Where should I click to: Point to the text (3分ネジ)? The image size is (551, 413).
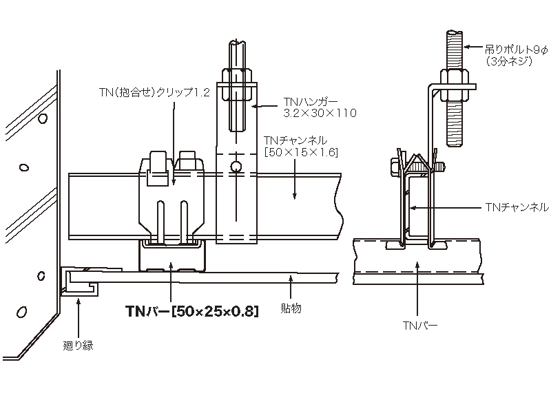pyautogui.click(x=508, y=61)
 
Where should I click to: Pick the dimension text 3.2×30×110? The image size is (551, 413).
pyautogui.click(x=320, y=112)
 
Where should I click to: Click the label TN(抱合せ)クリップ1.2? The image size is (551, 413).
pyautogui.click(x=153, y=92)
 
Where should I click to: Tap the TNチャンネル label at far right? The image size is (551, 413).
pyautogui.click(x=517, y=206)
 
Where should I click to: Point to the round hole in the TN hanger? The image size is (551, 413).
pyautogui.click(x=236, y=166)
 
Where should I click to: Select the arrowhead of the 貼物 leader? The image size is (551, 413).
pyautogui.click(x=293, y=277)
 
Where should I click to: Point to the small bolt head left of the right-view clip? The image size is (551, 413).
pyautogui.click(x=395, y=165)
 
